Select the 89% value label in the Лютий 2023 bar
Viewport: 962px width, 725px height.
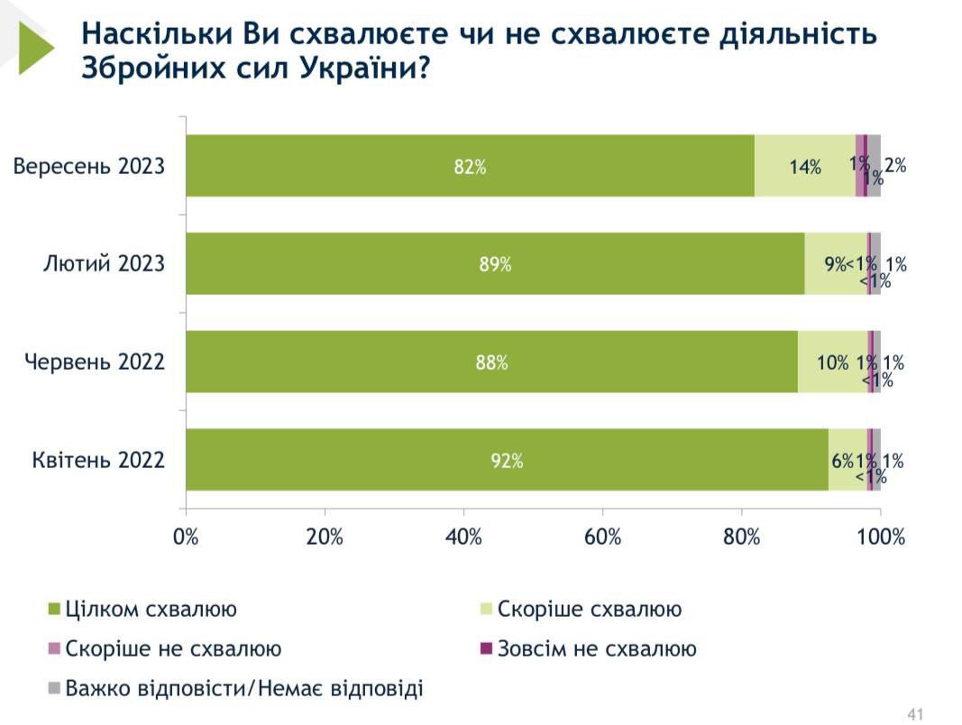pos(495,264)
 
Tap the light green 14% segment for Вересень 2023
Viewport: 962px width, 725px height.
pos(804,166)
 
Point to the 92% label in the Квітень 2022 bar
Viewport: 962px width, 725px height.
pos(507,461)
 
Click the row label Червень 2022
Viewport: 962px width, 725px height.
pos(95,362)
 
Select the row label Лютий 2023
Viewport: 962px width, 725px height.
pos(105,264)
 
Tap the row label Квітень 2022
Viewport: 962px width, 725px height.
pos(98,461)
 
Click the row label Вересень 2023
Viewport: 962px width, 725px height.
pos(89,166)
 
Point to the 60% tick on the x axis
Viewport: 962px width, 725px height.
pos(602,537)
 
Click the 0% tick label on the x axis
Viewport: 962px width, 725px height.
pos(186,537)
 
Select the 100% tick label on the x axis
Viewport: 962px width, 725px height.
pos(879,537)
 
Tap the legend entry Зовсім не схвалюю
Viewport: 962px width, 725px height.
pos(596,649)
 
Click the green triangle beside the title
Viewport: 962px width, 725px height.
pos(35,47)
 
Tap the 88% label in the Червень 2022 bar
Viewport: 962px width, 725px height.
pos(491,362)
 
